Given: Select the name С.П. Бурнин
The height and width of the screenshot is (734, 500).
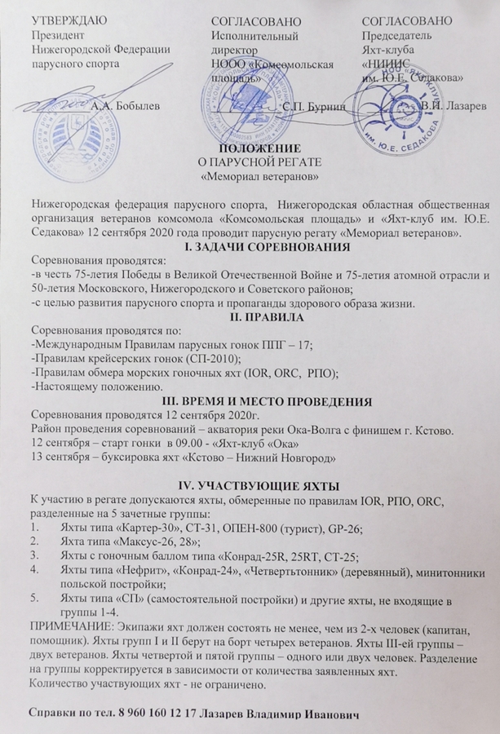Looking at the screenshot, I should tap(312, 105).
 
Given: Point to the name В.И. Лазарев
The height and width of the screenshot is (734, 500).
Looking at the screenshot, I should tap(453, 106).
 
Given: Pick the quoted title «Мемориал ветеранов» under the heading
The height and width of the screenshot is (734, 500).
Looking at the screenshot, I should tap(259, 175).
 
